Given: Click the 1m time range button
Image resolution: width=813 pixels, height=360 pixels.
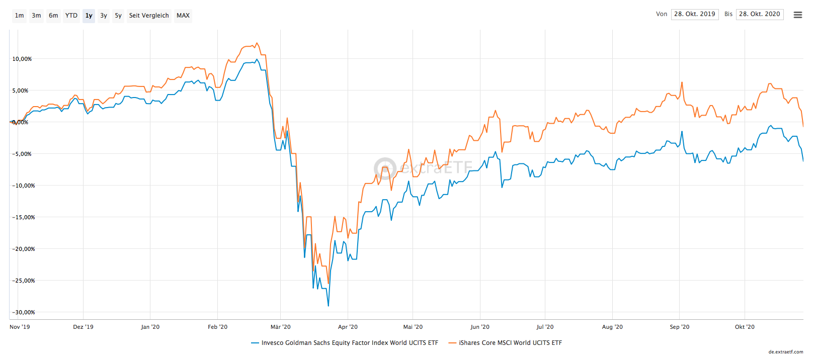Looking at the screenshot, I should [x=20, y=16].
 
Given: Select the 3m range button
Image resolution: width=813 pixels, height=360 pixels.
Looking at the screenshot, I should [x=36, y=16].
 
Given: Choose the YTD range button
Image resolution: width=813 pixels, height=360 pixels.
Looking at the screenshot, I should [x=71, y=16].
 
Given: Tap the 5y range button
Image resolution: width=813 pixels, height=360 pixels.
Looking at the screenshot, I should [x=118, y=16].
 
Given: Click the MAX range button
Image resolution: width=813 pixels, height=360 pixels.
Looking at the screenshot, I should [x=183, y=16].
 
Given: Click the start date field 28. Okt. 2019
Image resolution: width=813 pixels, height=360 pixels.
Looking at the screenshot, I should [x=694, y=14].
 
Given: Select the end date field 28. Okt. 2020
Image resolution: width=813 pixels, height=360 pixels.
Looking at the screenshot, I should [x=759, y=14].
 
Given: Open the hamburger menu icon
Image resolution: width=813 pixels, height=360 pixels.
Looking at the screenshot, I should [x=798, y=15].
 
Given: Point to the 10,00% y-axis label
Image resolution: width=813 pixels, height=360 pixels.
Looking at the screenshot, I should [x=22, y=59].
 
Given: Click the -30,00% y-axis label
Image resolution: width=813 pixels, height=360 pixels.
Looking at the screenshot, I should [x=23, y=312].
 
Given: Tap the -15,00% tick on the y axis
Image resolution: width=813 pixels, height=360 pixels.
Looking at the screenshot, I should [x=23, y=217].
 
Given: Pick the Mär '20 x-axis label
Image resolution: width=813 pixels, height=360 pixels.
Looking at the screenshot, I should [x=281, y=327].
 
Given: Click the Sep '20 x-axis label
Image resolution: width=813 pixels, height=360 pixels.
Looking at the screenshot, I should [x=680, y=327].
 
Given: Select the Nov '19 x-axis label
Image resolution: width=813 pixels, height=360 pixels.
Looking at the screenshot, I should [x=20, y=327].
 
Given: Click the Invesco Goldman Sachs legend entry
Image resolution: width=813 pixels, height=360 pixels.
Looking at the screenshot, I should [x=349, y=343].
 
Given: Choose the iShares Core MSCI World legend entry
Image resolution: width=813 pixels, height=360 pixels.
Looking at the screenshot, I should [x=510, y=343].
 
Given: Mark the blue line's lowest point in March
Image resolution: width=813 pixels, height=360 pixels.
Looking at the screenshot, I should [x=329, y=306].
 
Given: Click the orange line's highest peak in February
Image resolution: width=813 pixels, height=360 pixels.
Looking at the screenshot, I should [x=257, y=43].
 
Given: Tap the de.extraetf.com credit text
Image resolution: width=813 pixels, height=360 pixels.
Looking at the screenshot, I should [x=786, y=352].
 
